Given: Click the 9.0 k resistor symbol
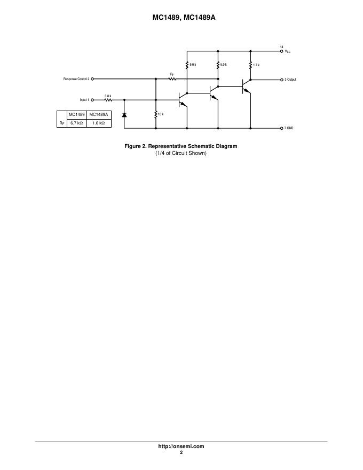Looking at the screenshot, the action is click(x=187, y=65).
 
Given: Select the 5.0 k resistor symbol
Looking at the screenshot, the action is click(x=218, y=65).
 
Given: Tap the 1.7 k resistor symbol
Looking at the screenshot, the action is click(x=250, y=65).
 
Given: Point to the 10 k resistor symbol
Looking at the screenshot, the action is click(x=156, y=114).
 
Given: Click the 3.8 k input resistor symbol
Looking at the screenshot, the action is click(x=108, y=100).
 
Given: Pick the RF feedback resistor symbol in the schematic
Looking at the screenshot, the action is click(x=172, y=79).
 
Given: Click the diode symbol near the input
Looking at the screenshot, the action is click(x=124, y=114).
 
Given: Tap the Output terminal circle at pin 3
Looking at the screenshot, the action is click(x=282, y=79).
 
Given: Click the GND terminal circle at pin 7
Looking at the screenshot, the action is click(x=282, y=128).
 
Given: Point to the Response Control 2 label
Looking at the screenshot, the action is click(x=76, y=79).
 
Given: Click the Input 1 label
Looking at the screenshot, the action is click(x=84, y=100).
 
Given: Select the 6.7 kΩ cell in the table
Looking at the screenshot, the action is click(x=77, y=123).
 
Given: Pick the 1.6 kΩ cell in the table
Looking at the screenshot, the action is click(x=99, y=123).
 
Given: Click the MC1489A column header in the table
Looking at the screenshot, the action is click(x=99, y=114).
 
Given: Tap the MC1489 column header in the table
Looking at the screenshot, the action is click(x=77, y=114).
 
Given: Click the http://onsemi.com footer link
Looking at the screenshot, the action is click(x=181, y=446).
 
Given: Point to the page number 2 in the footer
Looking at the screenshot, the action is click(x=181, y=452).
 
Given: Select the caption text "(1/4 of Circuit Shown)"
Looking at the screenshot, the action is click(x=180, y=153).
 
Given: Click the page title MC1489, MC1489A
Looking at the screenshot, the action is click(x=181, y=17).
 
